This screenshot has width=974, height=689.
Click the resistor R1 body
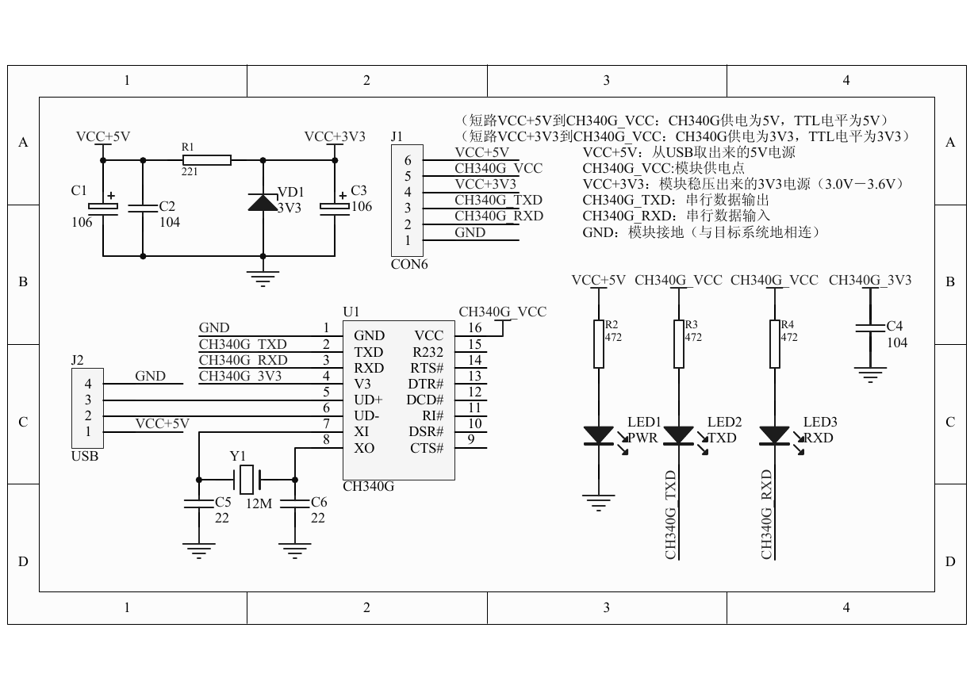tap(206, 160)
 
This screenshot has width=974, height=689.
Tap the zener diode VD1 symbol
tap(263, 202)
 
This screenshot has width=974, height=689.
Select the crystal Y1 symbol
tap(247, 480)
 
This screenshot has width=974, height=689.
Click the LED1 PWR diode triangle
tap(598, 435)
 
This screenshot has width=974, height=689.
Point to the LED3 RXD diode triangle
tap(774, 435)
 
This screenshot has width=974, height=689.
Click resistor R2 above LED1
tap(598, 344)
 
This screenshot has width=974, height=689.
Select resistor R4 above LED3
tap(774, 344)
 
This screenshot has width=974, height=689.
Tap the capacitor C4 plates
tap(869, 327)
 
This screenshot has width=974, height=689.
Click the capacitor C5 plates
tap(199, 503)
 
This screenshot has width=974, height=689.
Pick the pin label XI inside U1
tap(361, 431)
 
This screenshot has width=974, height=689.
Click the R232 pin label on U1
tap(428, 352)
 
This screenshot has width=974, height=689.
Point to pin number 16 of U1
tap(474, 327)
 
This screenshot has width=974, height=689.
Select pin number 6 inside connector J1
tap(408, 160)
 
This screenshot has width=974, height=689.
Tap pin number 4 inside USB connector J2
tap(88, 384)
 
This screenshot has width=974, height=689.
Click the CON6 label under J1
tap(409, 264)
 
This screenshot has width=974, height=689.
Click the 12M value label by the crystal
tap(259, 503)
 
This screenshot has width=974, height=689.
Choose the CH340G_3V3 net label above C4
tap(869, 280)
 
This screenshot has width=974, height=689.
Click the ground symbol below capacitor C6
tap(294, 550)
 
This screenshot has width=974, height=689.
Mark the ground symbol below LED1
tap(598, 503)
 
